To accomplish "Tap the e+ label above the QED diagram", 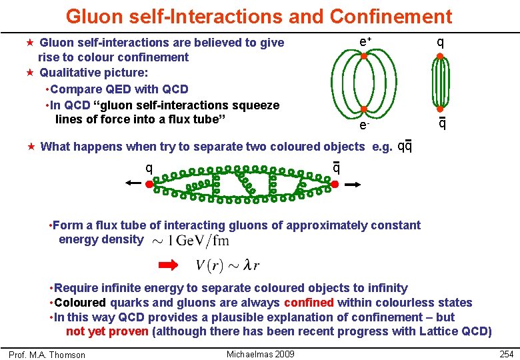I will pos(365,41).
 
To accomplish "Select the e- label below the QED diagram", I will pos(363,125).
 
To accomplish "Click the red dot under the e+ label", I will pos(364,57).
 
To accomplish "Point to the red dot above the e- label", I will pos(364,110).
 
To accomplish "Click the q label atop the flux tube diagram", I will pos(441,41).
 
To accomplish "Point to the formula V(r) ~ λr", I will pos(227,265).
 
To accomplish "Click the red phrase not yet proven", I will pos(107,331).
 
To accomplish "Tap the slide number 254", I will pos(507,354).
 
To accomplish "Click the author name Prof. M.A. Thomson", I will pos(47,355).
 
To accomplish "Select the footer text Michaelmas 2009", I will pos(261,354).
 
